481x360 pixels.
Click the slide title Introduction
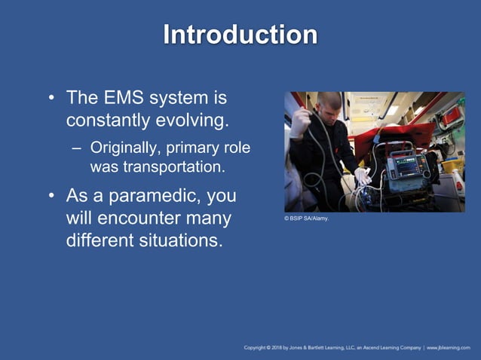240,35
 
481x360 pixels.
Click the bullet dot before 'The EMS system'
51,99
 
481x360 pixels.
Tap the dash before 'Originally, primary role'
75,148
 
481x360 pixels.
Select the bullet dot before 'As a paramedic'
51,197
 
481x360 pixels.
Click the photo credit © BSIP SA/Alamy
307,219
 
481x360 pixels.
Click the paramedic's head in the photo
329,105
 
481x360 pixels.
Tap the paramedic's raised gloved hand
301,122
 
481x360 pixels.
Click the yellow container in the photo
450,166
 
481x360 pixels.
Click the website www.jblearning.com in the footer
449,348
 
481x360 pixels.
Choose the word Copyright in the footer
259,348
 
